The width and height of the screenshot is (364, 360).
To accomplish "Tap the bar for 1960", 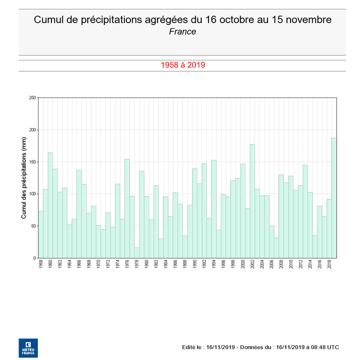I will pyautogui.click(x=50, y=205).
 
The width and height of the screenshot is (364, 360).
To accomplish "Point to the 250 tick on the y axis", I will pyautogui.click(x=32, y=98).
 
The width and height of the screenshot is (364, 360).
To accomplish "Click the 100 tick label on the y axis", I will pyautogui.click(x=32, y=194).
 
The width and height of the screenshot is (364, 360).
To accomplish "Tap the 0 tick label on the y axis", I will pyautogui.click(x=34, y=258).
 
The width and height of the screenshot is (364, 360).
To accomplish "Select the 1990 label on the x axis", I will pyautogui.click(x=195, y=265).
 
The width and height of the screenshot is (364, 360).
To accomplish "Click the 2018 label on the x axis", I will pyautogui.click(x=329, y=265).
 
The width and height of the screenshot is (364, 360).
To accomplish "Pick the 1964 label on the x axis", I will pyautogui.click(x=69, y=265).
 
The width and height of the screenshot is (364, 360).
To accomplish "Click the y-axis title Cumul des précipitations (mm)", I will pyautogui.click(x=24, y=178).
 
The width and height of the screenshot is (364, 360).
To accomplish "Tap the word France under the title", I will pyautogui.click(x=182, y=32).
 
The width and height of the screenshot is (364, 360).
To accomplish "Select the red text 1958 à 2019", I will pyautogui.click(x=183, y=65).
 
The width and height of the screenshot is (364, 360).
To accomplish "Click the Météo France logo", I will pyautogui.click(x=28, y=347).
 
